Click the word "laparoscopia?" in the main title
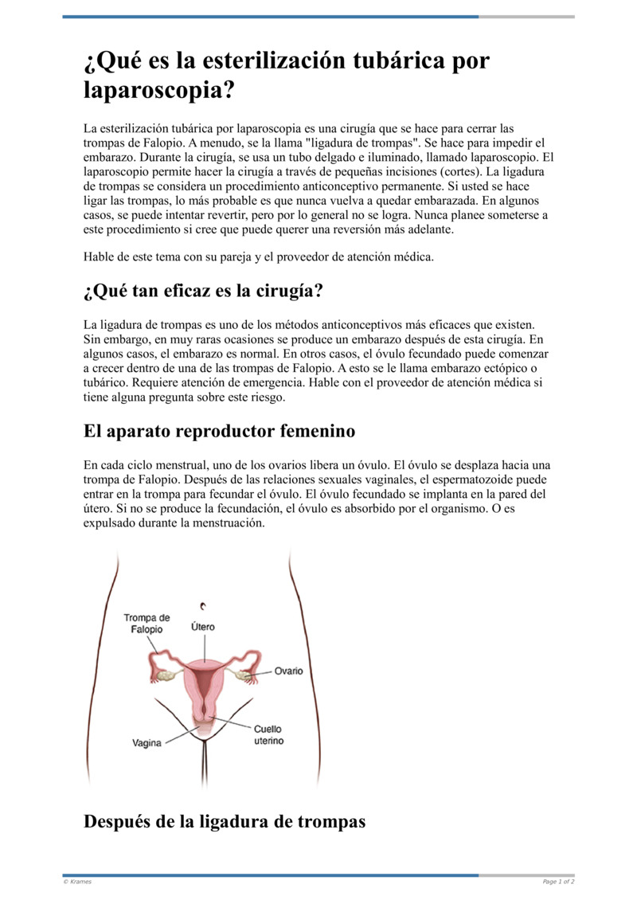pos(160,90)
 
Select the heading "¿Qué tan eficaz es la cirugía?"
pos(203,292)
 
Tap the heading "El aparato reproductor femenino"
pos(219,432)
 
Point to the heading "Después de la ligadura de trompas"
pos(225,821)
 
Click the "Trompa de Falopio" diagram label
pos(147,624)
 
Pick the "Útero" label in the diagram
pos(203,627)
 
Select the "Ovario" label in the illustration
pos(288,671)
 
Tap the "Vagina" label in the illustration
pos(147,743)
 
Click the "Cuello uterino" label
pos(268,734)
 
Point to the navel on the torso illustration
pos(204,605)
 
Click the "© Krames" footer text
pos(77,882)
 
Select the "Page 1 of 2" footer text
pos(558,882)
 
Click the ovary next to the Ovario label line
pos(244,675)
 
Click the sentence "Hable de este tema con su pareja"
pos(258,256)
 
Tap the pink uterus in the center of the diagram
pos(205,677)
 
